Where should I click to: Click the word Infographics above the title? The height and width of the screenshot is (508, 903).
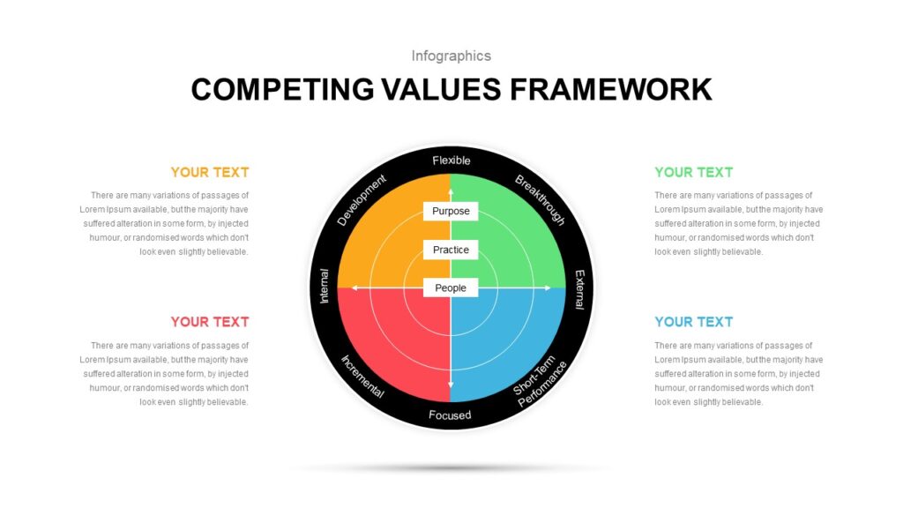pos(451,56)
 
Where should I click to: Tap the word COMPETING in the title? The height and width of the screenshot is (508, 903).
pos(282,90)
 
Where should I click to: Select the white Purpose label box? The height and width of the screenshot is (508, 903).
pos(451,211)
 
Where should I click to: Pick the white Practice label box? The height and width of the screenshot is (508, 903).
pos(451,250)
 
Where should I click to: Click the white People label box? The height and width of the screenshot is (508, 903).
pos(451,288)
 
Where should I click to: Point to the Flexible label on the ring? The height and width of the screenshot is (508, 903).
pos(451,161)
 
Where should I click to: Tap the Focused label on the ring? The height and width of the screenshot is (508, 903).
pos(450,415)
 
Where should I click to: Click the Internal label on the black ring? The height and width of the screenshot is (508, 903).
pos(325,286)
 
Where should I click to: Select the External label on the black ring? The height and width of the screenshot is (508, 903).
pos(579,289)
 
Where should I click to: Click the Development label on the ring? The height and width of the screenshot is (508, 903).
pos(361,200)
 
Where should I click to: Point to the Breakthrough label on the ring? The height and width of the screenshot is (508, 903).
pos(540,199)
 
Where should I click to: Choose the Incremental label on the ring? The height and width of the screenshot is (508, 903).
pos(362,377)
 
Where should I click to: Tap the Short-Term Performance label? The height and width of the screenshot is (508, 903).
pos(541,381)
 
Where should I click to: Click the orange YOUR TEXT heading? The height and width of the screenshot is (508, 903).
pos(210,172)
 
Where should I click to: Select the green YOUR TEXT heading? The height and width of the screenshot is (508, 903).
pos(693,172)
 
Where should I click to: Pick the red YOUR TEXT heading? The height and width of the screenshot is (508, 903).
pos(210,322)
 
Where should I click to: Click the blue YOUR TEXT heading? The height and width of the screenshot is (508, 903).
pos(693,322)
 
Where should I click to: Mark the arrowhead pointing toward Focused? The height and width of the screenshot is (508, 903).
pos(451,385)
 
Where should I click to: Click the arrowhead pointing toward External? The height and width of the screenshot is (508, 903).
pos(547,288)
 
